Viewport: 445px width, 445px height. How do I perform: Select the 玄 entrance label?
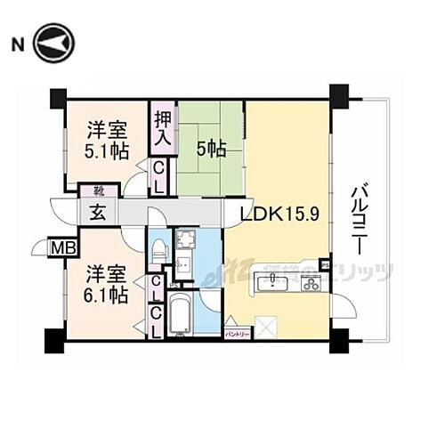click(95, 213)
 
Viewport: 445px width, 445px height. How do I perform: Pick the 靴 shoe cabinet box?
click(92, 190)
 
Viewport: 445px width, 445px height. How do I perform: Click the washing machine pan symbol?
click(188, 240)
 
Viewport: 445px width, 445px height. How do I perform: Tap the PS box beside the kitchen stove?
click(326, 265)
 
